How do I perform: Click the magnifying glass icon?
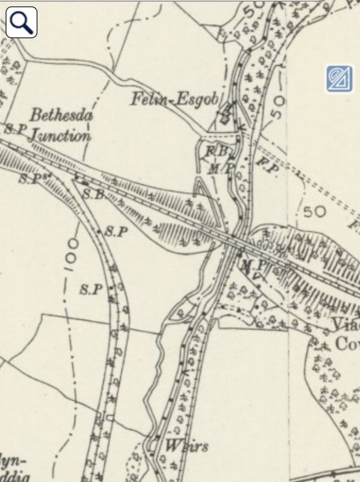pyautogui.click(x=21, y=22)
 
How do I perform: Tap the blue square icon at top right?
pyautogui.click(x=339, y=79)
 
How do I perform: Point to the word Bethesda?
pyautogui.click(x=62, y=115)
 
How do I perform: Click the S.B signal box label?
pyautogui.click(x=92, y=195)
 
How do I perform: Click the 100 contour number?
pyautogui.click(x=69, y=255)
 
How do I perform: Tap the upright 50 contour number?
pyautogui.click(x=314, y=211)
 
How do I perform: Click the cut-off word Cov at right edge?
pyautogui.click(x=347, y=344)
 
